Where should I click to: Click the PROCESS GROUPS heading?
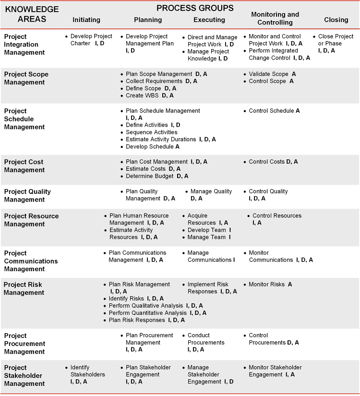click(x=195, y=8)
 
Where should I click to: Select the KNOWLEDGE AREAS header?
click(x=32, y=14)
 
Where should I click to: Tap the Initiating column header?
click(x=86, y=20)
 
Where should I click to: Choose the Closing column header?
click(x=336, y=20)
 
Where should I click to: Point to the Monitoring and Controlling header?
click(x=275, y=19)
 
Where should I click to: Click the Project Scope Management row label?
click(x=26, y=78)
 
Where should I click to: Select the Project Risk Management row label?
click(x=23, y=288)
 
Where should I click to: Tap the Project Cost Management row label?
click(x=24, y=166)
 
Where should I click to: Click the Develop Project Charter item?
click(x=91, y=40)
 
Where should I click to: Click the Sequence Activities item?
click(x=151, y=132)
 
